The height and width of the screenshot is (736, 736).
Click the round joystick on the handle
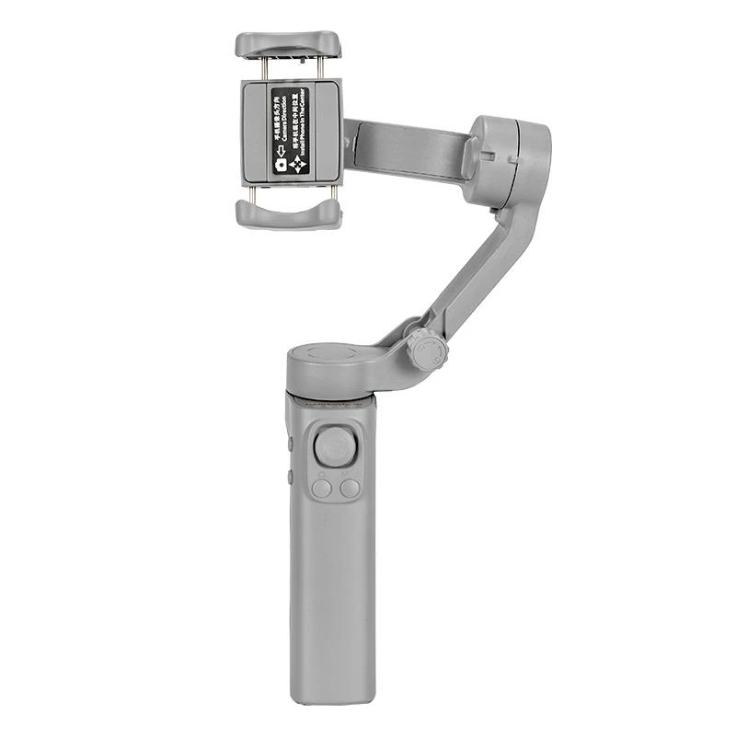[x=334, y=447]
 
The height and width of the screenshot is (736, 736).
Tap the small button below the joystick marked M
[x=350, y=489]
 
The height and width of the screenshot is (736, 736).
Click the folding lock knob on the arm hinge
[x=428, y=350]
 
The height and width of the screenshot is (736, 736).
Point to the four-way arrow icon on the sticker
[x=297, y=165]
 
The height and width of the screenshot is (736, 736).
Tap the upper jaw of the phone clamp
[x=288, y=44]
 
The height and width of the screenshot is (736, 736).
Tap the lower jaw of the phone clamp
[x=288, y=213]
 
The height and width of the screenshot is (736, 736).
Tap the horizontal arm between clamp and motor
[x=405, y=148]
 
